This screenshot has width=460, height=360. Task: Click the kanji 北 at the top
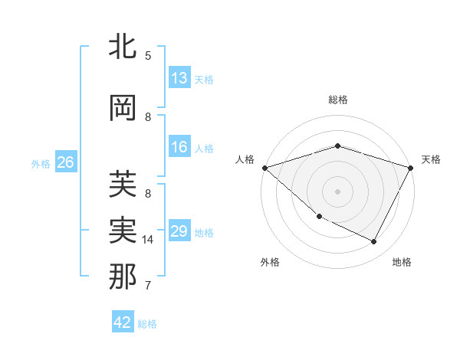coord(123,47)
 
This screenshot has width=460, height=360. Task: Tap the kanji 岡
coord(123,108)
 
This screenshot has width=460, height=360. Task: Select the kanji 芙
coord(123,185)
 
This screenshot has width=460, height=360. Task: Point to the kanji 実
coord(123,231)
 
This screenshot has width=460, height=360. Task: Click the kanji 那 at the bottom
coord(123,277)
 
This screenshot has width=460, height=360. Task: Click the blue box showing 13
coord(179,78)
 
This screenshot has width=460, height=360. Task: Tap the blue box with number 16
coord(179,148)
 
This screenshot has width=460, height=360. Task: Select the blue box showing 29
coord(179,231)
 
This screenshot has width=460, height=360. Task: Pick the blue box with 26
coord(65,162)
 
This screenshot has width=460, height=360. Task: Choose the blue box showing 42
coord(122,322)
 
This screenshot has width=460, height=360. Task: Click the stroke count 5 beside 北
coord(147,56)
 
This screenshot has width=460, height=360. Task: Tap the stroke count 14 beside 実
coord(149,240)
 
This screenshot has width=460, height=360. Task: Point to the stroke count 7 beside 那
coord(147,286)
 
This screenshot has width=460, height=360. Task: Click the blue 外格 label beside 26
coord(41,163)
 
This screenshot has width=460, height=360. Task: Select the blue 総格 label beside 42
coord(147,324)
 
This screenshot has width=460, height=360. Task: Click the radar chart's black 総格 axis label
coord(337,100)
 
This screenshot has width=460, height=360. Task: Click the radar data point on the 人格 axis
coord(264,168)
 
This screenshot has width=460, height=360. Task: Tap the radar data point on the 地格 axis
coord(374,242)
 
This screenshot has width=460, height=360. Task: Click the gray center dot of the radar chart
coord(337,191)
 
